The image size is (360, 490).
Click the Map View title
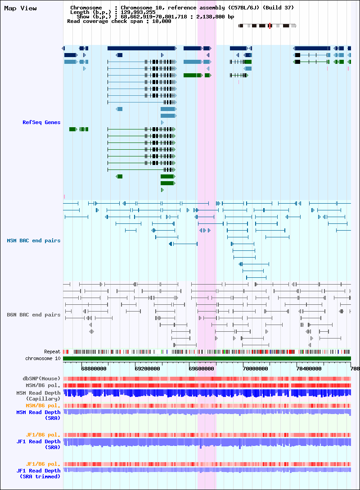coord(20,9)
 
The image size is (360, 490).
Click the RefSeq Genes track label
coord(41,122)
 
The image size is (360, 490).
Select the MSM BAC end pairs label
coord(33,241)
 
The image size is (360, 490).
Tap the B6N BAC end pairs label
coord(33,315)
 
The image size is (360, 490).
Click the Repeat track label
coord(52,352)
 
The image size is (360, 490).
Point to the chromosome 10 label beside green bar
coord(43,358)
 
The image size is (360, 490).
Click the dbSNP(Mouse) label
coord(41,379)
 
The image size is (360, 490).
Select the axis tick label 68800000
coord(94,369)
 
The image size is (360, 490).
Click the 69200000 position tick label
coord(147,369)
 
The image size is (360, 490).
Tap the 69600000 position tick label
coord(202,369)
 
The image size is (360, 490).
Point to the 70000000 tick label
coord(255,369)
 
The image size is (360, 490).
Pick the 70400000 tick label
coord(309,369)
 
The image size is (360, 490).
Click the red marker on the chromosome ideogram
coord(270,26)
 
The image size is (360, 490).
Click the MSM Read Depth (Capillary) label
coord(38,396)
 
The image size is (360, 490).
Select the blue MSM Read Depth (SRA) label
coord(38,415)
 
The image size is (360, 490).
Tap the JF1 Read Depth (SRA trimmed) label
coord(38,473)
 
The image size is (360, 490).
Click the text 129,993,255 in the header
coord(138,12)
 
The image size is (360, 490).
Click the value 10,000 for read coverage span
coord(162,21)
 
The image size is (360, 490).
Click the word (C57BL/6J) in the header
coord(242,8)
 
